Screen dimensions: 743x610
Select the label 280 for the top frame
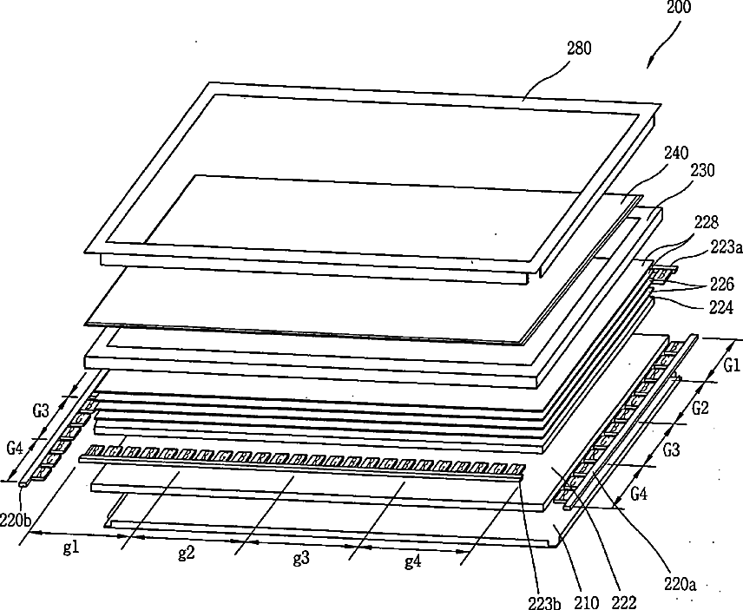(579, 49)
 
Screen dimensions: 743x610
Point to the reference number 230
(703, 171)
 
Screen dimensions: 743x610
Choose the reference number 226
(722, 283)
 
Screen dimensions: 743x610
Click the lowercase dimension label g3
(300, 558)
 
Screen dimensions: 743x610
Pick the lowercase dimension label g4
(413, 561)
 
